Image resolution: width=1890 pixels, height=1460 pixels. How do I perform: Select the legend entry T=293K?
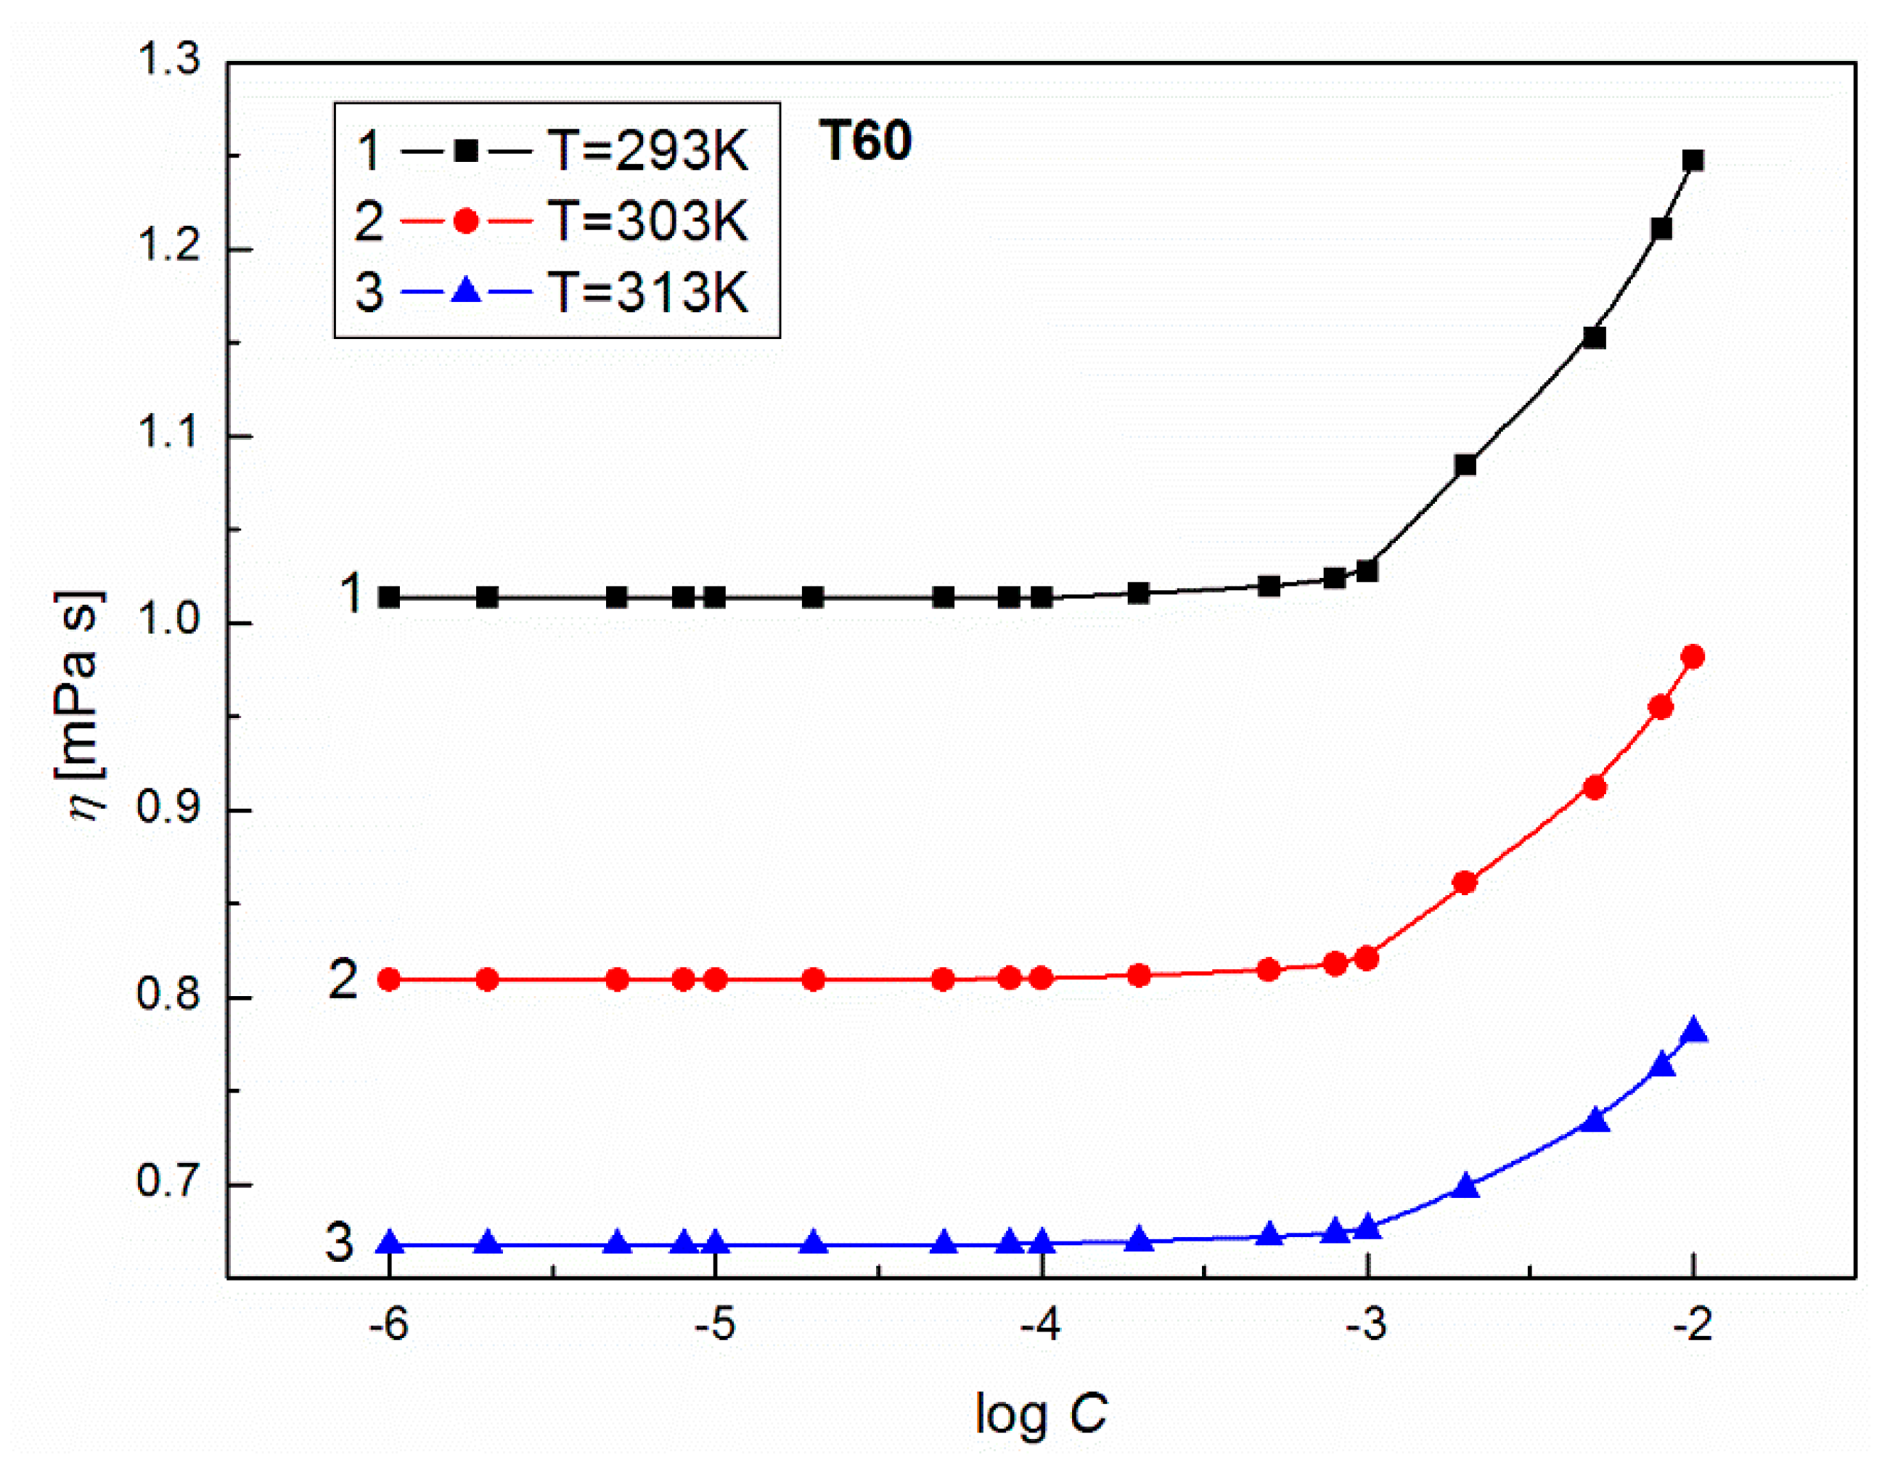click(x=647, y=152)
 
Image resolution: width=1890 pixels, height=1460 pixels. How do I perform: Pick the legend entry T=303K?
click(x=647, y=221)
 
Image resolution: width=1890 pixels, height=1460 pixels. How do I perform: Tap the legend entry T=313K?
click(x=647, y=292)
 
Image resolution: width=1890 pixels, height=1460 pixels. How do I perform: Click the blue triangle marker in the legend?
click(x=467, y=291)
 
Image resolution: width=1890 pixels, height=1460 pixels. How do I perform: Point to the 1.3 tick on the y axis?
click(x=168, y=60)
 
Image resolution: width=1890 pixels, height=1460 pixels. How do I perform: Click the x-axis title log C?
click(x=1041, y=1414)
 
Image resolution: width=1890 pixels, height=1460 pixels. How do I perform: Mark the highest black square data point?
click(x=1693, y=161)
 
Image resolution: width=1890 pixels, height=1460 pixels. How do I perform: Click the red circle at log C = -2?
click(x=1693, y=657)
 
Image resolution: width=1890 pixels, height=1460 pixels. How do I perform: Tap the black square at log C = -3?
click(x=1367, y=571)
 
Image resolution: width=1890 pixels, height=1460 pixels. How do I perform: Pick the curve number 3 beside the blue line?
click(x=339, y=1242)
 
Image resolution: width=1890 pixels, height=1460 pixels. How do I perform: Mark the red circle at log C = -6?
click(x=390, y=979)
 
